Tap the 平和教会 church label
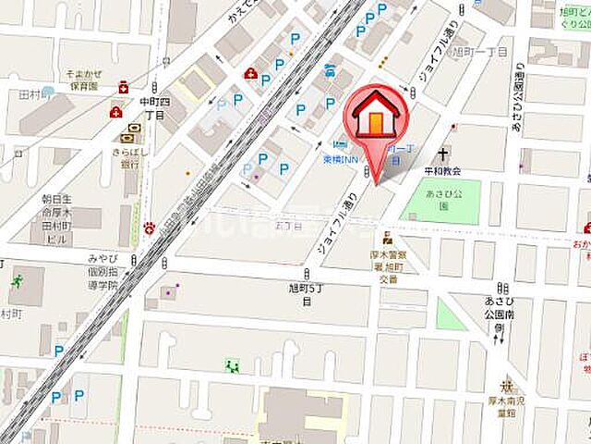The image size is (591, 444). point(442,171)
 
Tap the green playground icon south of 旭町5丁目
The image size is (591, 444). point(232,364)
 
